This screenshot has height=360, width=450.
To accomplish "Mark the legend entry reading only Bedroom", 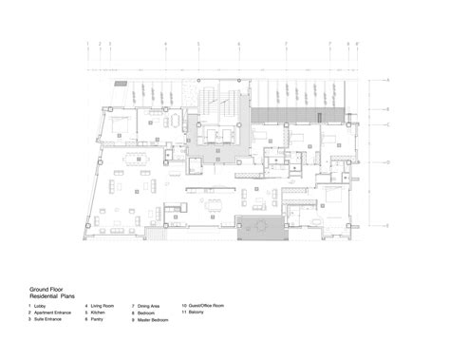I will coord(149,313).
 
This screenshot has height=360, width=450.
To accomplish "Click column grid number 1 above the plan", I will coord(87,44).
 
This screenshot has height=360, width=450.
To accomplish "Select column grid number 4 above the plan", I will coord(164,44).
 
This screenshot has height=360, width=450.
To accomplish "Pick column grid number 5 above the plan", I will coord(198,44).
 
